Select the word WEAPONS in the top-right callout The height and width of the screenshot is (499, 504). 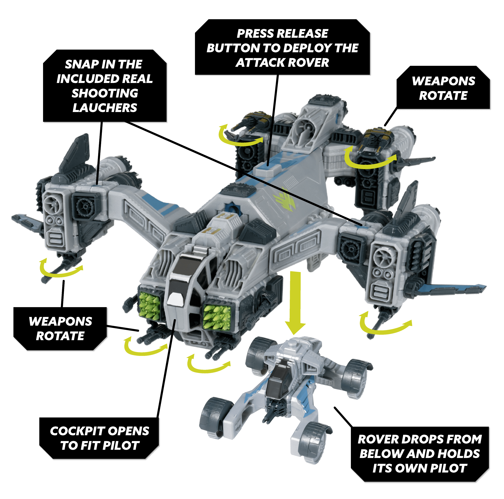(x=444, y=81)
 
